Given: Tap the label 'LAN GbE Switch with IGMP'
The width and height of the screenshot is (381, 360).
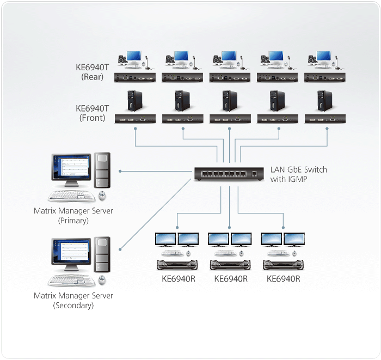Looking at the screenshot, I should (x=299, y=174).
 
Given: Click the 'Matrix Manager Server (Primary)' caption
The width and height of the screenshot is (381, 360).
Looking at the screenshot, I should (x=73, y=216).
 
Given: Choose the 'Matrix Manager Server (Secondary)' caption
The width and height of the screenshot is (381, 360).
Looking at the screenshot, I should (x=73, y=301).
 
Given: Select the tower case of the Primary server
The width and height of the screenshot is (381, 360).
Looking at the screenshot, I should (x=102, y=172).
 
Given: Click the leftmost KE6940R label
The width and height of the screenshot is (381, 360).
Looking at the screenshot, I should (x=178, y=279).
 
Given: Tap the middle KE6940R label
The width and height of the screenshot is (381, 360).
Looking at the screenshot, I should (x=231, y=279).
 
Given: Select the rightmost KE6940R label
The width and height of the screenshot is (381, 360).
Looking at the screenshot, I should (x=283, y=279).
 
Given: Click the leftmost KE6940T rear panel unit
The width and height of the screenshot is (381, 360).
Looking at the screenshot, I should (x=136, y=77).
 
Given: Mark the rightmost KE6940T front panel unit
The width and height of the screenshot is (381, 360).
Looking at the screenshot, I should (x=325, y=118).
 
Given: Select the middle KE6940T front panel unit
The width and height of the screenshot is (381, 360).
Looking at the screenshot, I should (x=231, y=118).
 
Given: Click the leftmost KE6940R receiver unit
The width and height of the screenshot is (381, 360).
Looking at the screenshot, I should (x=177, y=265).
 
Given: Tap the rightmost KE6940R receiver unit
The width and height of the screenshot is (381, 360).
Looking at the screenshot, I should (x=283, y=265).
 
